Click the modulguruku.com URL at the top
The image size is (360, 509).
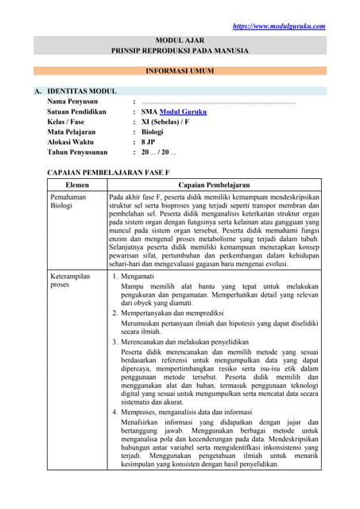(x=279, y=26)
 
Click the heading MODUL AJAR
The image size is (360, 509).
(x=180, y=39)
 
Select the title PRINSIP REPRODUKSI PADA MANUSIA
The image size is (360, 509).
(x=180, y=51)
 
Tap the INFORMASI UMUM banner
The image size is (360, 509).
(x=180, y=71)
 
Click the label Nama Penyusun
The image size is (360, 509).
(x=72, y=102)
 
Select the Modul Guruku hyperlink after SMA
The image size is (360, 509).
(x=184, y=112)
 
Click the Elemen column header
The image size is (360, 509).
(x=76, y=185)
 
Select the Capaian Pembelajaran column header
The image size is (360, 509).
(x=215, y=185)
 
